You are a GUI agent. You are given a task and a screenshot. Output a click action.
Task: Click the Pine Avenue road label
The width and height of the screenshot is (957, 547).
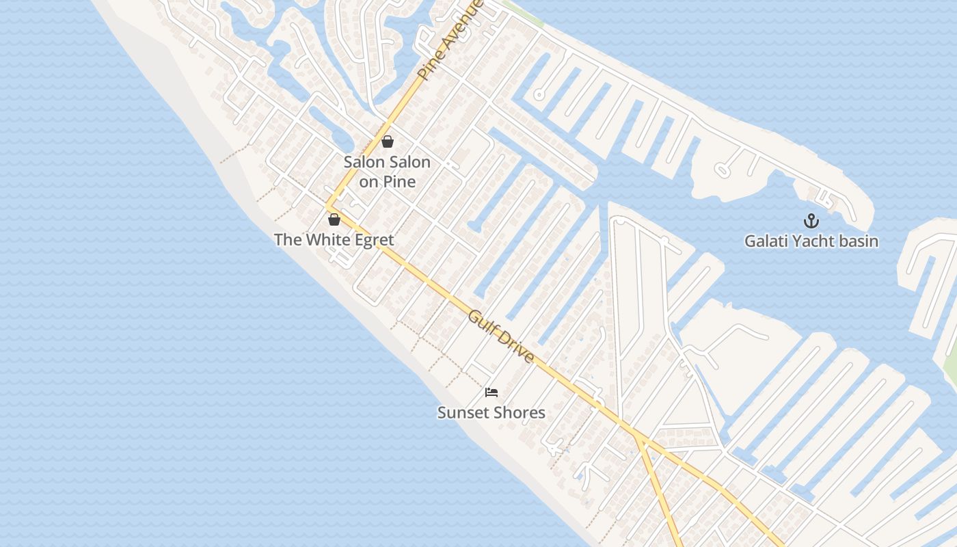[x=451, y=40]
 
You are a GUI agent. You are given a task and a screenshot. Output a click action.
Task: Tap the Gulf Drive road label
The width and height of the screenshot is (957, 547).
[x=501, y=336]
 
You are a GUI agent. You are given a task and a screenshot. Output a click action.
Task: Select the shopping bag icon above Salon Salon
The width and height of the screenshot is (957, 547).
[x=388, y=142]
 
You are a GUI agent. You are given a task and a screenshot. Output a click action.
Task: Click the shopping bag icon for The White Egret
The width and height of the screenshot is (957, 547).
[x=334, y=219]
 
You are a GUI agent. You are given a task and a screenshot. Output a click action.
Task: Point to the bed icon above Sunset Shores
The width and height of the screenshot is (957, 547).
[x=491, y=392]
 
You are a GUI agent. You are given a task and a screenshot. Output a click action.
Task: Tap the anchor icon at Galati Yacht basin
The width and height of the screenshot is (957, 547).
[x=811, y=221]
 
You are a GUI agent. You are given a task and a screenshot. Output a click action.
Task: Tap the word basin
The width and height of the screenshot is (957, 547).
[x=860, y=241]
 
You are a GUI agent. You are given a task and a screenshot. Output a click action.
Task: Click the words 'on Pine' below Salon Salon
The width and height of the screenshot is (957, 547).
[x=387, y=182]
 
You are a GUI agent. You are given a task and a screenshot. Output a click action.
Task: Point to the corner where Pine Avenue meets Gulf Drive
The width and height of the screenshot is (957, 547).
[x=328, y=206]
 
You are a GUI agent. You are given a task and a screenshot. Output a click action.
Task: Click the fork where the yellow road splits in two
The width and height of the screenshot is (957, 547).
[x=638, y=436]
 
